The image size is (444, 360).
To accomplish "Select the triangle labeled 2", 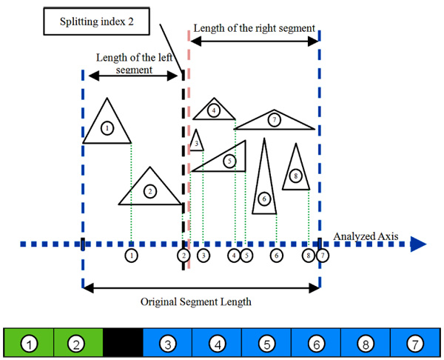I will pos(150,190).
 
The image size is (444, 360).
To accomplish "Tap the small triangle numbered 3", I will pos(196,141).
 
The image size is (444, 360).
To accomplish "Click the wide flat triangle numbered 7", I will pos(275,120).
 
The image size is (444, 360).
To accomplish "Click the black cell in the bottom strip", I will pos(123,344).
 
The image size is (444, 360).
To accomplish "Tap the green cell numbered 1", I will pos(29,344).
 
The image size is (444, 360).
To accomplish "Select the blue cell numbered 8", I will pos(366,344).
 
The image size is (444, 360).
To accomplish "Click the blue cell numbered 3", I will pos(167,344).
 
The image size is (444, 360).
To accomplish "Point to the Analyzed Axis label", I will pos(366,236).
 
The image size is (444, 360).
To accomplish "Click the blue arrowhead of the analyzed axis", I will pos(418,244).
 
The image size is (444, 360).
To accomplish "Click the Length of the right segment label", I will pos(255,28).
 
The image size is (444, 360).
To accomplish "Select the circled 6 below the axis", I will pos(277,256).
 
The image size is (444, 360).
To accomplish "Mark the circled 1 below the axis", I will pos(131,256).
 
